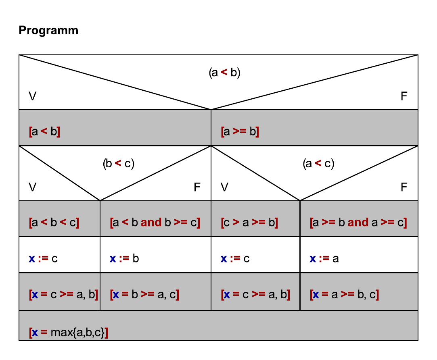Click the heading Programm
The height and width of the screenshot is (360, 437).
[x=48, y=31]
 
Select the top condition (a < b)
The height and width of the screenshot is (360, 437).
[x=224, y=73]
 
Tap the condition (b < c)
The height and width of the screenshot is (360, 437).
[x=118, y=164]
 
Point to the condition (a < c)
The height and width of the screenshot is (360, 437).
[x=318, y=164]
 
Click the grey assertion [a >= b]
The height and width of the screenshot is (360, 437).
[x=240, y=132]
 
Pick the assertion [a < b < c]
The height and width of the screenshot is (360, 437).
[x=54, y=223]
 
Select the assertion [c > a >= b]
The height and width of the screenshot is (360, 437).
[x=249, y=223]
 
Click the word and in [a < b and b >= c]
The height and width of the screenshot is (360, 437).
[x=151, y=223]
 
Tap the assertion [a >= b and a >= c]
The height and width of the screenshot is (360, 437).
[x=358, y=223]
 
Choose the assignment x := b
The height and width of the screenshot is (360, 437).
[x=124, y=258]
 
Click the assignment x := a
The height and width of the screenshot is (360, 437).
[x=324, y=258]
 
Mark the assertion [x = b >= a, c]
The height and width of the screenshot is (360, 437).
[x=144, y=295]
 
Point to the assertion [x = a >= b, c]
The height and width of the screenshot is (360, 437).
[x=344, y=295]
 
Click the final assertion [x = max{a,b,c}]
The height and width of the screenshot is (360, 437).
[x=69, y=333]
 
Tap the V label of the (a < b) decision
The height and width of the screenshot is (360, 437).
[x=32, y=96]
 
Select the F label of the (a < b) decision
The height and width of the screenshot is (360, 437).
[x=404, y=96]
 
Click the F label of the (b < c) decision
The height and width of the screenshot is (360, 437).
[x=197, y=187]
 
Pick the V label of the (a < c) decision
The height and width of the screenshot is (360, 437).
[x=224, y=187]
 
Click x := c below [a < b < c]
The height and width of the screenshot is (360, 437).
[x=43, y=258]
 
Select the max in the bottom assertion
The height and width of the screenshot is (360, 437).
[x=60, y=333]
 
